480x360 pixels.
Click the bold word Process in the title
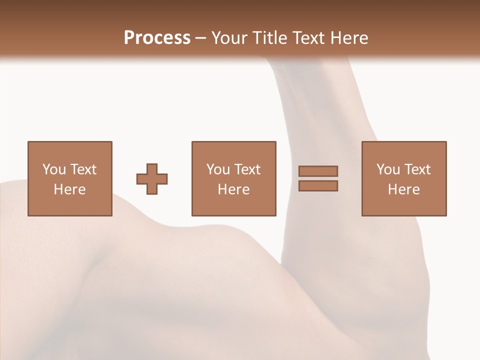(157, 38)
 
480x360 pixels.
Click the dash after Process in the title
(200, 38)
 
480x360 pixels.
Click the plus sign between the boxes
(152, 179)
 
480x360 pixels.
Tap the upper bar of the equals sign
(318, 171)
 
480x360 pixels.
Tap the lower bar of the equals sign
(318, 186)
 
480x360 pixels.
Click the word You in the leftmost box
(54, 169)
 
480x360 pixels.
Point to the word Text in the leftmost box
(83, 169)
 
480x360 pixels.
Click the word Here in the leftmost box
(70, 189)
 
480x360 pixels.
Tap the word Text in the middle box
(247, 169)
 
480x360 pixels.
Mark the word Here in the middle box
(234, 189)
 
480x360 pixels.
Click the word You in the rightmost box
(388, 169)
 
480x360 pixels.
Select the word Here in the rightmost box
(404, 189)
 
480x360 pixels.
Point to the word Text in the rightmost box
(417, 169)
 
